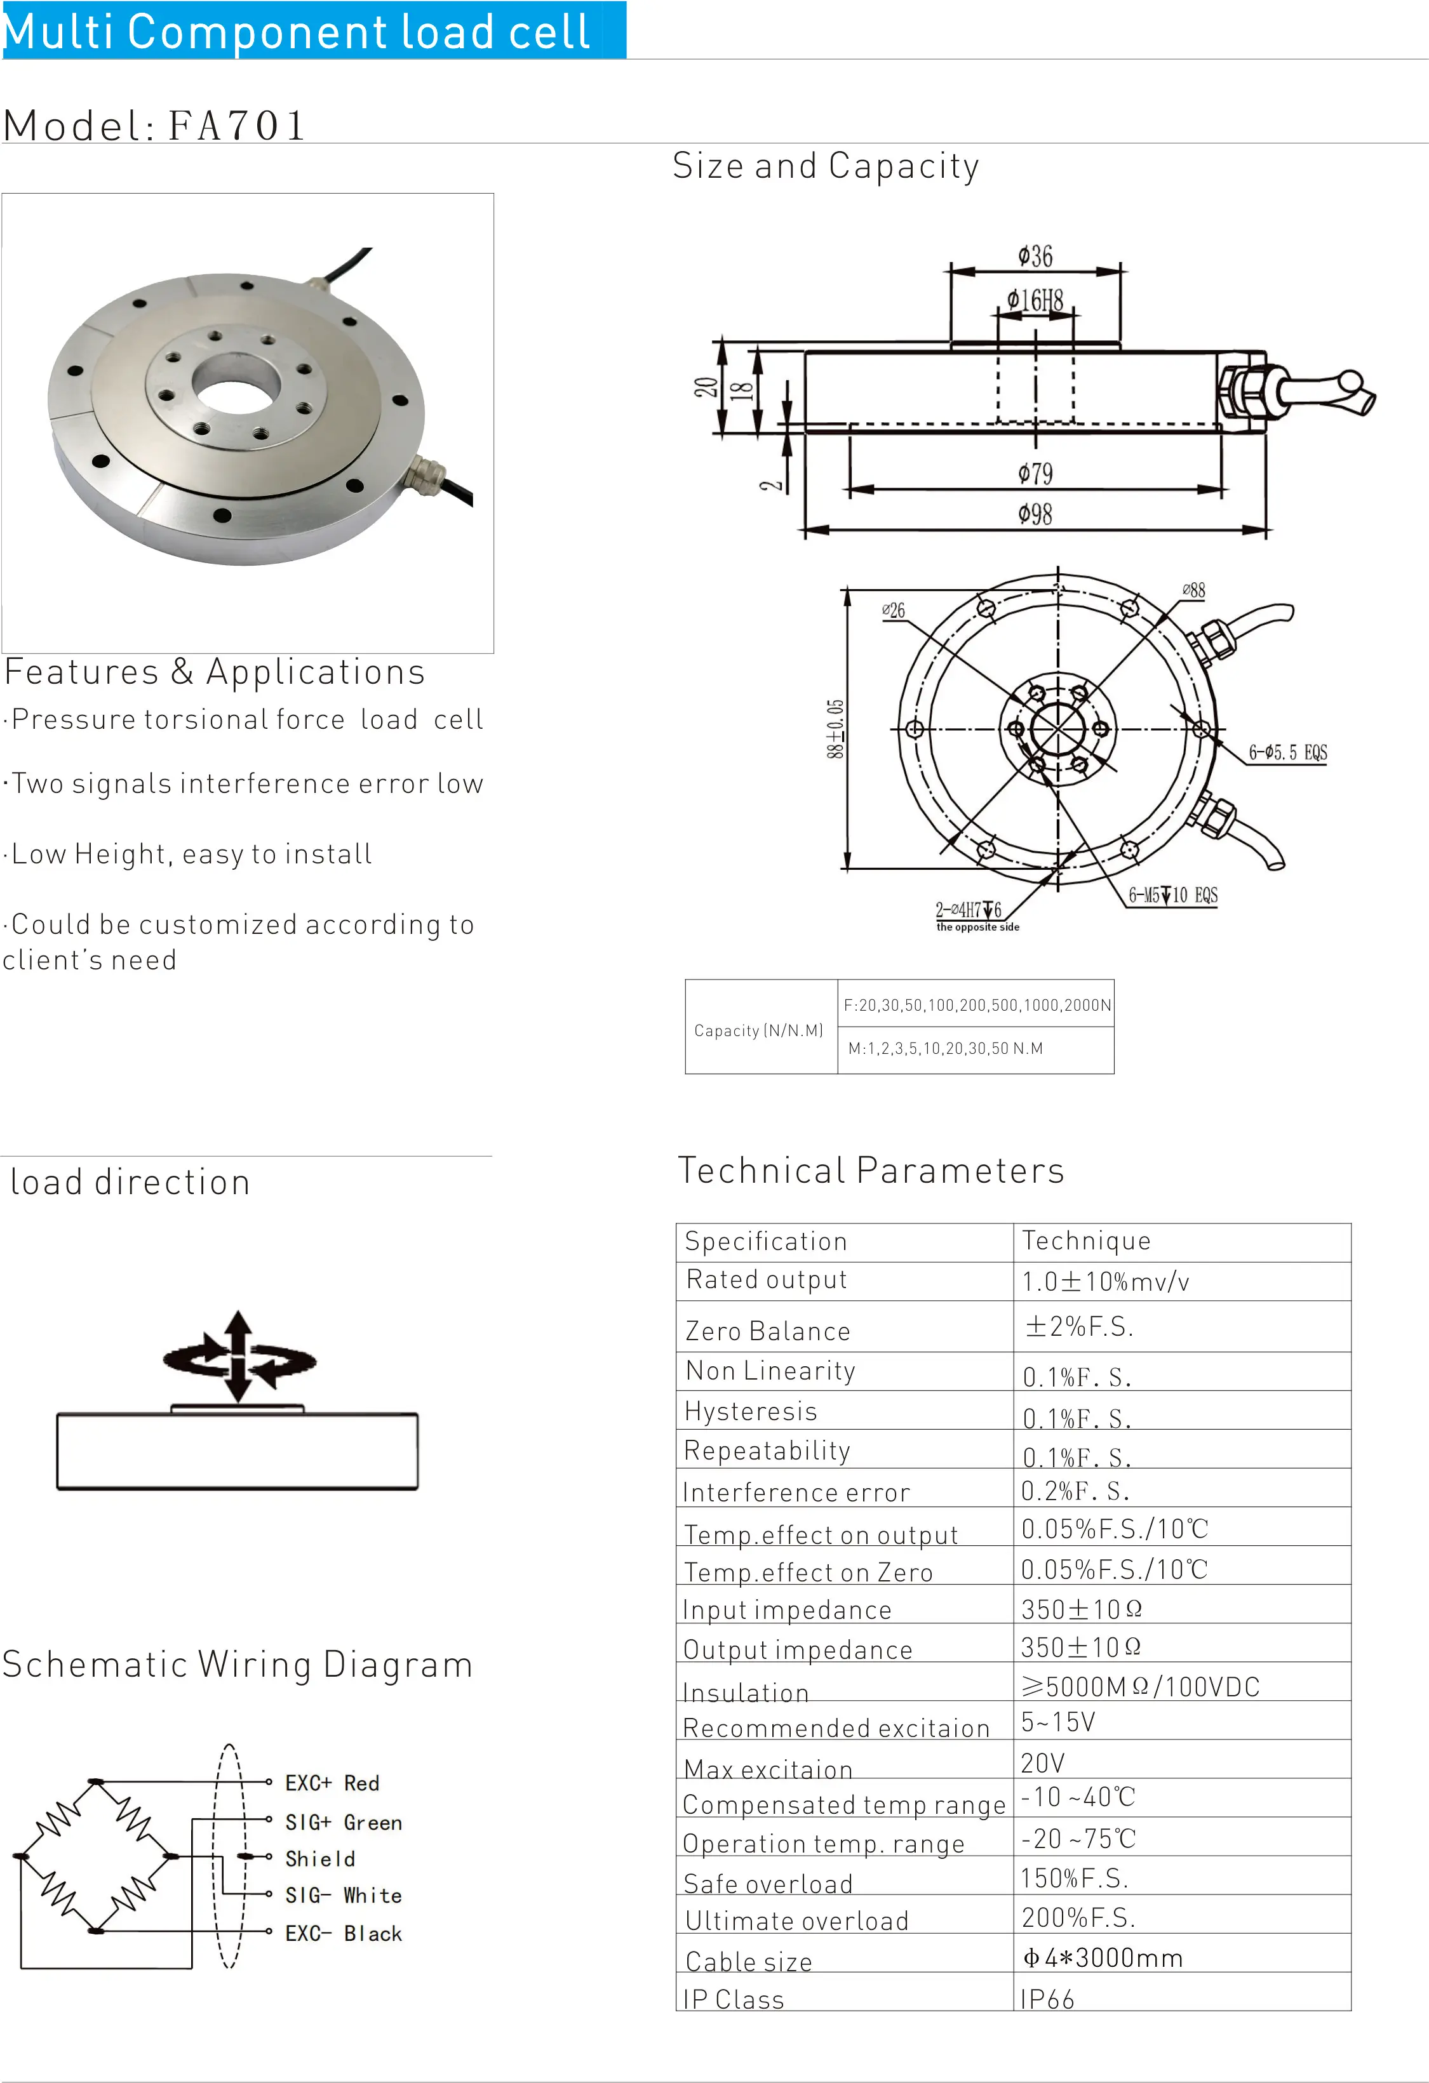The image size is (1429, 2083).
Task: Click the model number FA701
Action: (237, 126)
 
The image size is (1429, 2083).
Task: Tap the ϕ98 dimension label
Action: (1035, 514)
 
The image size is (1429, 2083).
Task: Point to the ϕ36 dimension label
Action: (1035, 257)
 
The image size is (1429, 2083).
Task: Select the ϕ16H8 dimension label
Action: (1035, 300)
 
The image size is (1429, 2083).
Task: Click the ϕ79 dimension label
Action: (1035, 473)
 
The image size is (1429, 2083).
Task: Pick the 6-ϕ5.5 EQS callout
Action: (1287, 753)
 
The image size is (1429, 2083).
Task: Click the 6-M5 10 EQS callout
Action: (1172, 895)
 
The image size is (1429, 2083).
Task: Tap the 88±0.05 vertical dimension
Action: (835, 729)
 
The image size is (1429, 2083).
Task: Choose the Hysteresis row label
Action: (750, 1412)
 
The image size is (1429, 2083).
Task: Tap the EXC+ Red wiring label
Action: (332, 1783)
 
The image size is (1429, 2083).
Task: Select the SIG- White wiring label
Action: (344, 1896)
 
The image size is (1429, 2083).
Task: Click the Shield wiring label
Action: (320, 1859)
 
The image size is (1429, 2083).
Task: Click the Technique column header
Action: (1085, 1241)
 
